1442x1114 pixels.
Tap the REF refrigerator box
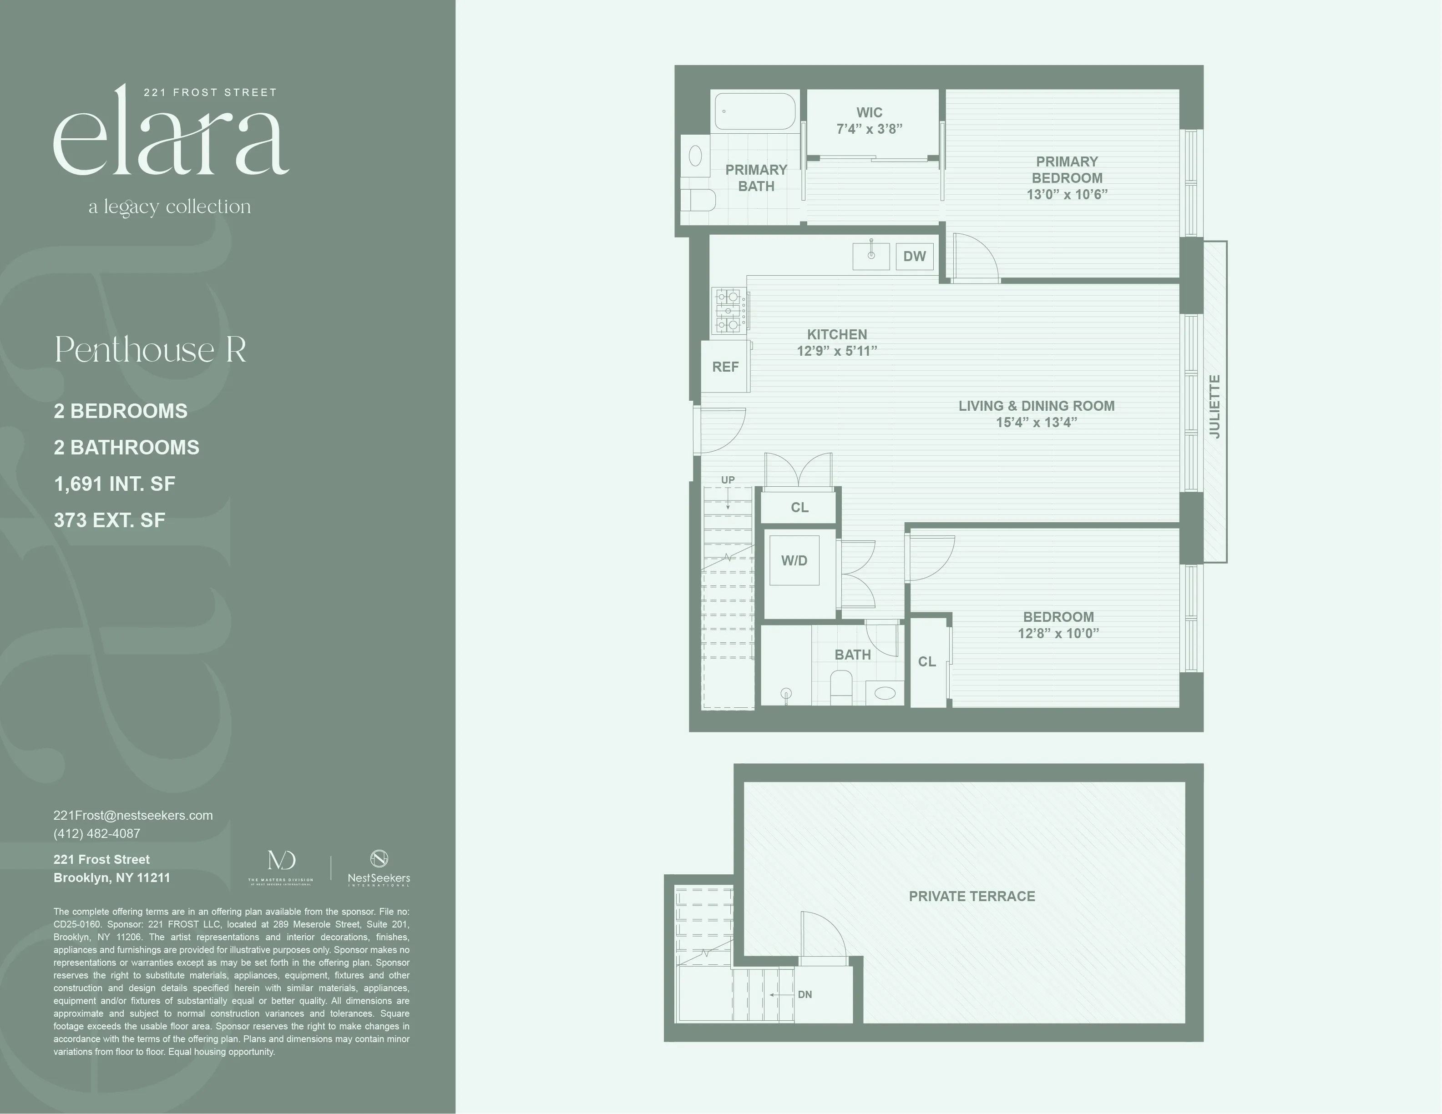[x=725, y=367]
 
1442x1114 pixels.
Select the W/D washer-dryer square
[x=794, y=561]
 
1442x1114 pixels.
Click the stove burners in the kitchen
[x=729, y=310]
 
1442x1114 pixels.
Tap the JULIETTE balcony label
[x=1215, y=407]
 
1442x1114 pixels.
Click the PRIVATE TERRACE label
[x=972, y=896]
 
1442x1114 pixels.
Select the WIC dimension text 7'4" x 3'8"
[x=869, y=129]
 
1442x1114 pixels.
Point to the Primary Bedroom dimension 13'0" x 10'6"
[x=1067, y=195]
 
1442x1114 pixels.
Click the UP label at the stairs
[x=728, y=480]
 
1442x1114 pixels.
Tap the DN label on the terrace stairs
[x=805, y=994]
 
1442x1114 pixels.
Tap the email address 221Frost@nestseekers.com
[x=133, y=815]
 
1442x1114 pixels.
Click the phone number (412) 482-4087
[x=97, y=833]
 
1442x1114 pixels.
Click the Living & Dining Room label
[x=1036, y=406]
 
